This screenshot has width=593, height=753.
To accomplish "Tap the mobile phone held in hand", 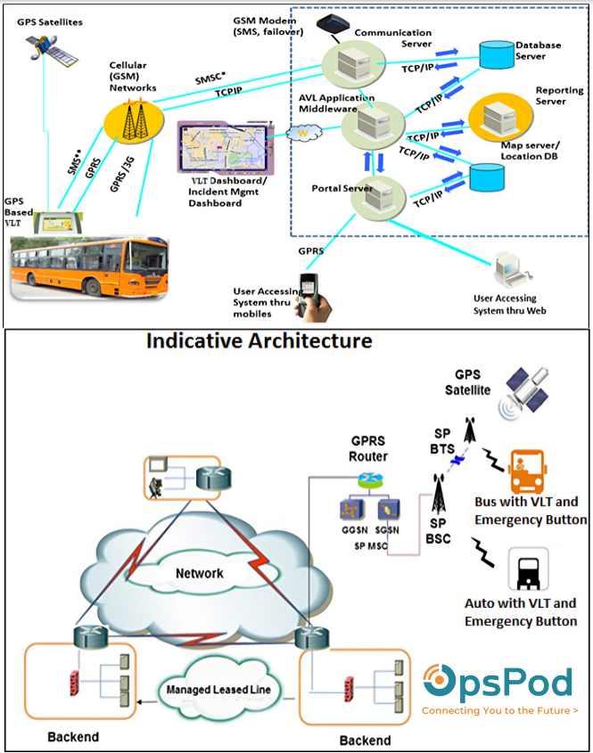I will (309, 290).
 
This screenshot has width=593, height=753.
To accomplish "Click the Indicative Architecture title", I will (259, 340).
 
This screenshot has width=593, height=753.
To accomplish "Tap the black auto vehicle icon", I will (527, 570).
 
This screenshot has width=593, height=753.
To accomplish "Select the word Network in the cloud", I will (199, 573).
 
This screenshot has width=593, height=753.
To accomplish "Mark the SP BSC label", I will (438, 532).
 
